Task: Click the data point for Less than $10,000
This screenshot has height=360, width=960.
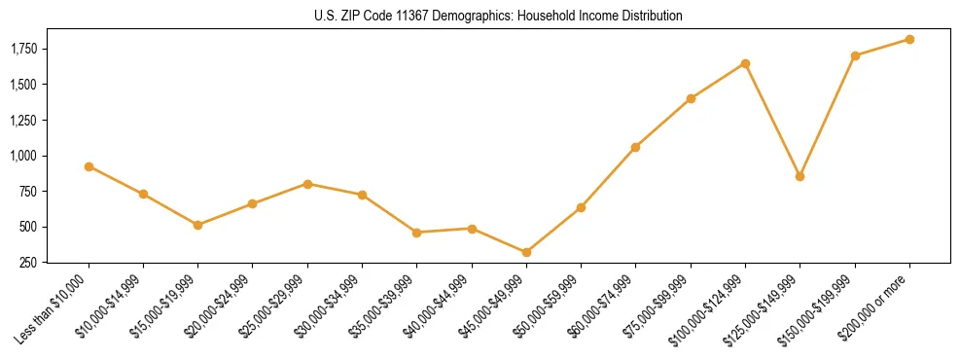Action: point(89,166)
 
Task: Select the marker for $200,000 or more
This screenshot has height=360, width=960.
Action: point(909,39)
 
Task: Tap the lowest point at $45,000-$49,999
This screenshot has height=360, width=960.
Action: point(526,252)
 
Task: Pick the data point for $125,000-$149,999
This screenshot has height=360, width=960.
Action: point(800,176)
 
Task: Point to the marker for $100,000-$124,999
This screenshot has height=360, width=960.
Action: point(745,63)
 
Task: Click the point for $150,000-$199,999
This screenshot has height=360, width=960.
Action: point(855,55)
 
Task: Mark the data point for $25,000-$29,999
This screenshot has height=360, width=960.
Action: point(307,184)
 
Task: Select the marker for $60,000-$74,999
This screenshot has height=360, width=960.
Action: point(635,147)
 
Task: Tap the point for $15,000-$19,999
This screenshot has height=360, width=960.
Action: point(197,225)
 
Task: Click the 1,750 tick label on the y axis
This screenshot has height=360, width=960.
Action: point(21,49)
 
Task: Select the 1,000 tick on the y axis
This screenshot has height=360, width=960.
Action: point(21,156)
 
